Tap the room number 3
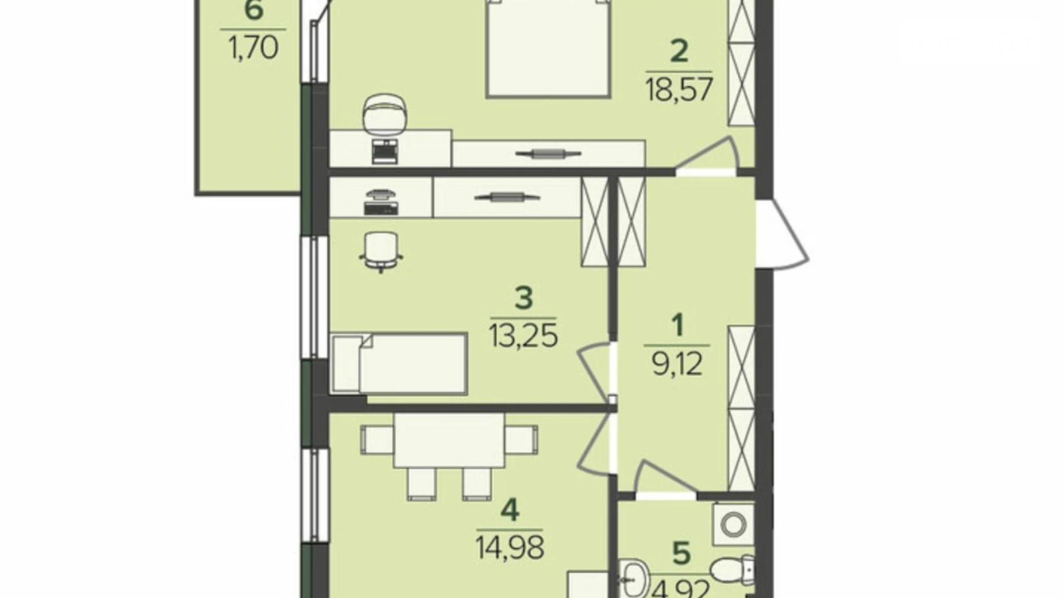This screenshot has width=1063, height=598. [523, 298]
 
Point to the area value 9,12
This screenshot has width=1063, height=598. [677, 363]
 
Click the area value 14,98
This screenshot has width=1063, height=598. [510, 547]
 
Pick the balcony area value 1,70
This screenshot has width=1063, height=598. [253, 48]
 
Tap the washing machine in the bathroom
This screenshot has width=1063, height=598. [733, 524]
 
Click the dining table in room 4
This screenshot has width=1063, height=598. [449, 440]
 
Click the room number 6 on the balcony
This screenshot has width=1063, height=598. [253, 11]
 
